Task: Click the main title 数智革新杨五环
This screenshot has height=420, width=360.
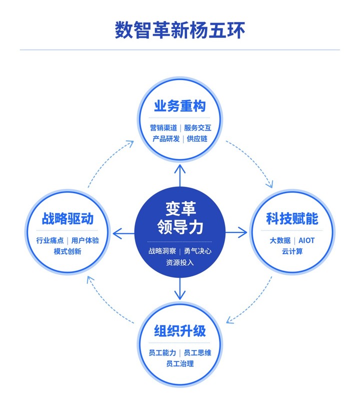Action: [179, 30]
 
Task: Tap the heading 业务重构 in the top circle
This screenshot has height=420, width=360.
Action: [179, 106]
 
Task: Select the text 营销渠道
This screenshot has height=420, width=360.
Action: [163, 128]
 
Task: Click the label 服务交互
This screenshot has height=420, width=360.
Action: [197, 128]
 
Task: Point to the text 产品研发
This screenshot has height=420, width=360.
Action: [166, 139]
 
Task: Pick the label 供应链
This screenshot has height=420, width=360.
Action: [197, 139]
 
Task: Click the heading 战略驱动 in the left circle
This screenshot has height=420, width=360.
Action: [67, 219]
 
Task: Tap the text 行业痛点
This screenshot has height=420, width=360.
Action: [50, 240]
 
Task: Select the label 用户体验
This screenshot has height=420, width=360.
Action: [85, 240]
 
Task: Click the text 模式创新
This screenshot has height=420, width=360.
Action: [67, 251]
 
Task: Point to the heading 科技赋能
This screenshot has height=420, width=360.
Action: [292, 219]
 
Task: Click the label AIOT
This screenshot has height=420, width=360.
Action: [306, 240]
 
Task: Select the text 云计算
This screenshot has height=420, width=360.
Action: [292, 251]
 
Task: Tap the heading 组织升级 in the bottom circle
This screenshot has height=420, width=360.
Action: [179, 331]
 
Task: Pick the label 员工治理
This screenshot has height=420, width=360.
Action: [179, 363]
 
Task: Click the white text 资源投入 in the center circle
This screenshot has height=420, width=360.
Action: [179, 262]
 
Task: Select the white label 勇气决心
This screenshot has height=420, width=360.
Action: [197, 251]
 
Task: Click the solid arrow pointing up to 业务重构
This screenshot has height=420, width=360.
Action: [180, 175]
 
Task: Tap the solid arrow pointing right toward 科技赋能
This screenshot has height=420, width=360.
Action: [236, 232]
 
